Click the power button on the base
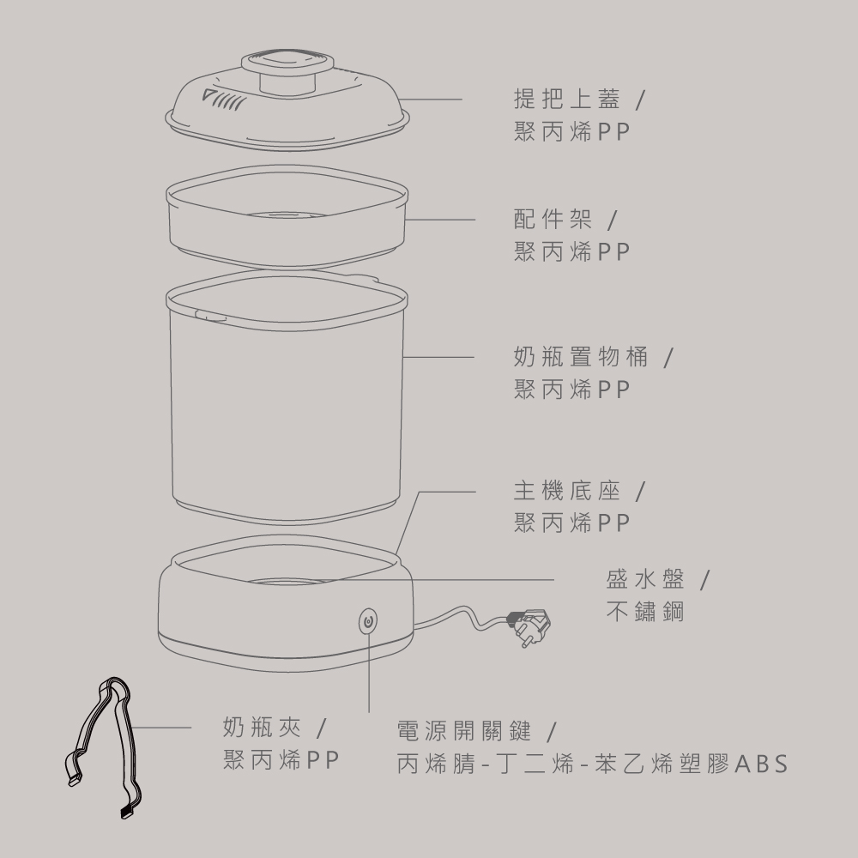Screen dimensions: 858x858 pos(368,621)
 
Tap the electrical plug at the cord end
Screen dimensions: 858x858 pos(529,626)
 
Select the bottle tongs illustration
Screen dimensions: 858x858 pos(104,747)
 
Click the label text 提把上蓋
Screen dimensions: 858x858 pos(567,99)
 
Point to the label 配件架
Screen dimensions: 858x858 pos(553,220)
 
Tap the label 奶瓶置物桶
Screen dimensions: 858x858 pos(581,357)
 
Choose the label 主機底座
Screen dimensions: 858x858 pos(567,491)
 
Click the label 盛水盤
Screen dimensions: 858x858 pos(645,579)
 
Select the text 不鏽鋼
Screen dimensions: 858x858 pos(645,611)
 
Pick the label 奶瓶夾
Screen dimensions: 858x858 pos(262,728)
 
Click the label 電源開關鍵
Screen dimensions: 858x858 pos(464,730)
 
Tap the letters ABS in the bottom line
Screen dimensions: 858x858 pos(761,764)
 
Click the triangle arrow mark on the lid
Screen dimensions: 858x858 pos(209,95)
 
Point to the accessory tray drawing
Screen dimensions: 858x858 pos(287,216)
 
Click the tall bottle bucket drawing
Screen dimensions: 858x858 pos(287,396)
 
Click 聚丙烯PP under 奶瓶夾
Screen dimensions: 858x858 pos(281,760)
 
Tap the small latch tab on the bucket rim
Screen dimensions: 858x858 pos(211,315)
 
